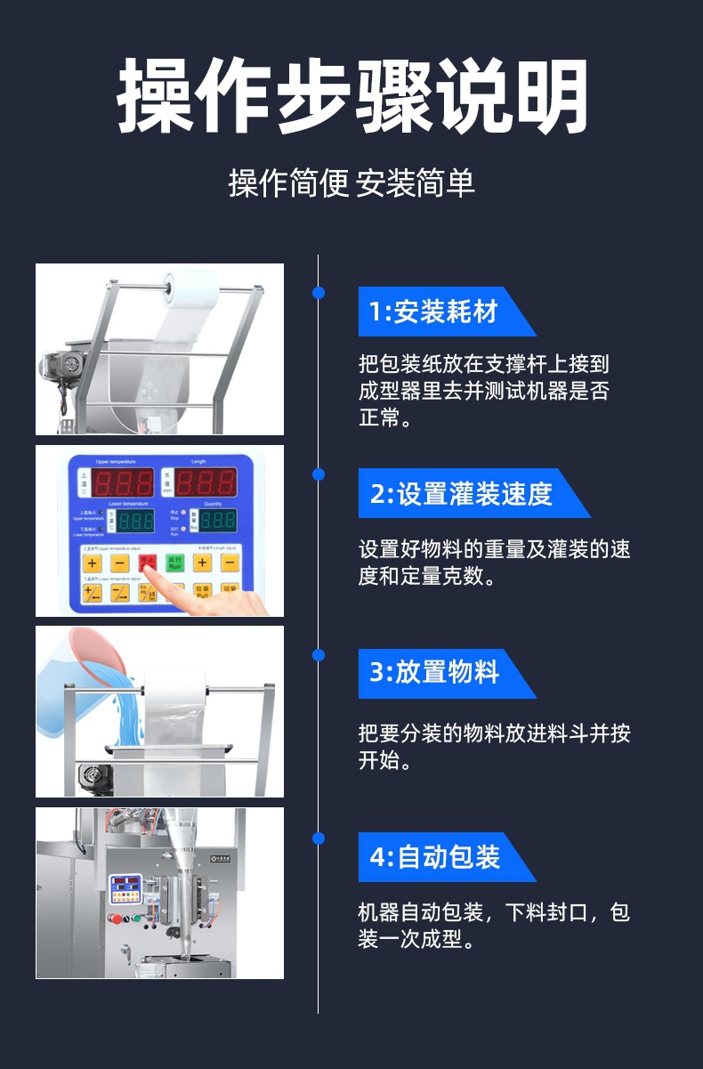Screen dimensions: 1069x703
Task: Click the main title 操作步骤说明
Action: click(351, 96)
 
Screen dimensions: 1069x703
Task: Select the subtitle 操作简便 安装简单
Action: click(351, 183)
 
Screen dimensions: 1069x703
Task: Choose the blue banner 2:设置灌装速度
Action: click(462, 493)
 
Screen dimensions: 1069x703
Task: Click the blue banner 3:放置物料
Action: click(435, 674)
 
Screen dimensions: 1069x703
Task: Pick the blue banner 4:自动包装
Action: click(435, 857)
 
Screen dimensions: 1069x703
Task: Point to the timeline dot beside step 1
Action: click(319, 293)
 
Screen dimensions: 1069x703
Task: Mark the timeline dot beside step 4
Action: click(319, 838)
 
